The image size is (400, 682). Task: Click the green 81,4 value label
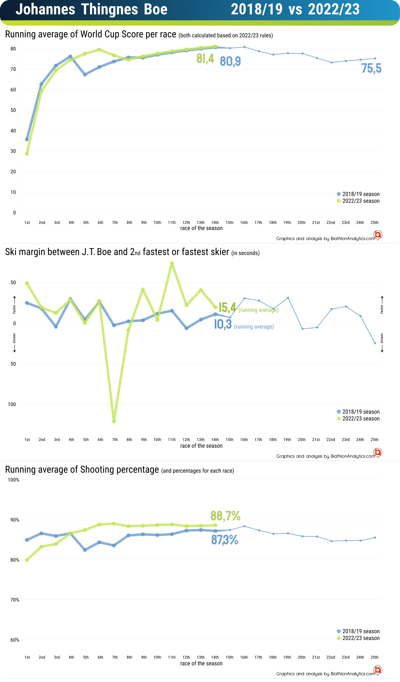tap(205, 59)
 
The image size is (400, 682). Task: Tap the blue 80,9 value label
tap(230, 61)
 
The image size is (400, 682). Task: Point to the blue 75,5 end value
tap(371, 68)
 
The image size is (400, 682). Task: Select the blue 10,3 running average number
tap(223, 324)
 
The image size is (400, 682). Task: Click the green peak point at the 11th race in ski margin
tap(172, 263)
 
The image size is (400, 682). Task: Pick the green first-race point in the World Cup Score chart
tap(27, 154)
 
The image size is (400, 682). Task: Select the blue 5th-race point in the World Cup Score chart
tap(85, 75)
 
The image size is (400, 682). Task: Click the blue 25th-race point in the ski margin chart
tap(375, 343)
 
